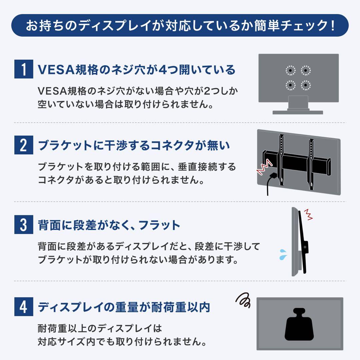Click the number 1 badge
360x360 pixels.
coord(24,69)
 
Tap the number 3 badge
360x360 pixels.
coord(24,225)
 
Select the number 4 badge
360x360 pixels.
coord(24,307)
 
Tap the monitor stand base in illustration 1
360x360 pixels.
coord(298,112)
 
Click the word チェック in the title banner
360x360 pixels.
coord(300,25)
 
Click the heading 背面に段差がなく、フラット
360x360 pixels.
coord(109,226)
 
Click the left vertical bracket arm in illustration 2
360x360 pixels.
coord(282,160)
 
